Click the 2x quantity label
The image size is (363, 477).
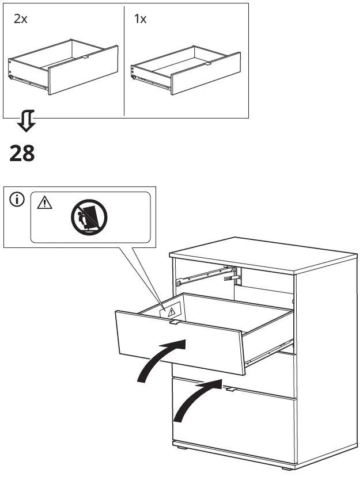[21, 19]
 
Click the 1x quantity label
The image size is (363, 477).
[140, 19]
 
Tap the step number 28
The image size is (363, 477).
[22, 154]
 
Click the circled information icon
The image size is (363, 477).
[17, 200]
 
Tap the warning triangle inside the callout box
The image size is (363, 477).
[44, 203]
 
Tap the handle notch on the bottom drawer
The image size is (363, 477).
[232, 390]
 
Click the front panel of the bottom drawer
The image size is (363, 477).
[236, 426]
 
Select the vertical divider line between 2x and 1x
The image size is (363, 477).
[124, 60]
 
